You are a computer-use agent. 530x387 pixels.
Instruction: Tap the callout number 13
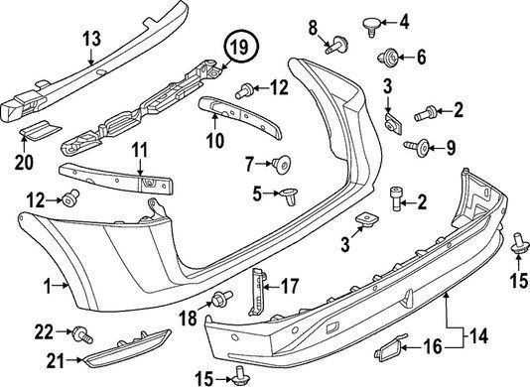point(92,39)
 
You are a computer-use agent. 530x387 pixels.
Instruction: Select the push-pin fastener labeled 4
point(371,27)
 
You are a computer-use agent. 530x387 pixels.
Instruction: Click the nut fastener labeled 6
point(389,57)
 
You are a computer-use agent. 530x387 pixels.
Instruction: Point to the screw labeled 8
point(337,46)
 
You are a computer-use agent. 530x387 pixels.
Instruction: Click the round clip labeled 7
point(281,165)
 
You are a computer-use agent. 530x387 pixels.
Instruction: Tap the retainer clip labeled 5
point(289,195)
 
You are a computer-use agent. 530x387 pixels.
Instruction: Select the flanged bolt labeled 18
point(221,298)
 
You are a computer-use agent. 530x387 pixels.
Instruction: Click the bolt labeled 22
point(81,334)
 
